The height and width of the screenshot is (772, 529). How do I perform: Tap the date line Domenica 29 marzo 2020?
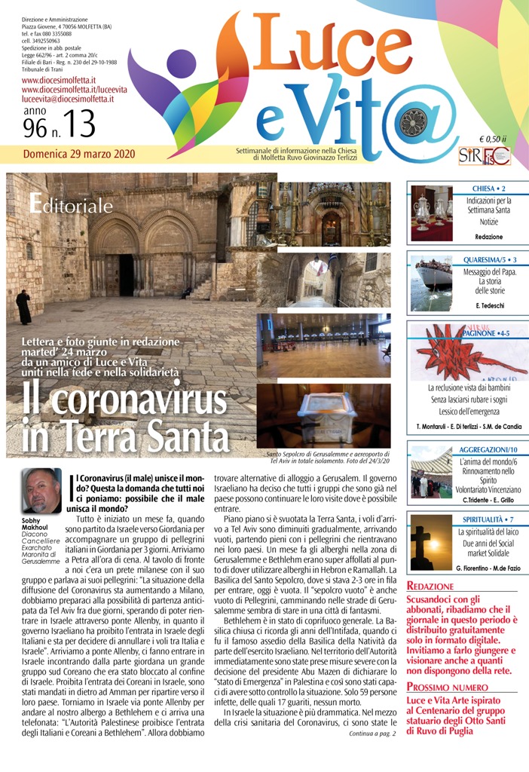pos(79,154)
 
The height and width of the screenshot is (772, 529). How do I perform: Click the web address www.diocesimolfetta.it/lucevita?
pos(75,89)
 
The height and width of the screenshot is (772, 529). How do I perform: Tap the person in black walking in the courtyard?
pos(23,306)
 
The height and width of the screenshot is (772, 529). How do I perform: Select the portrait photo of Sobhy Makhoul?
pos(41,492)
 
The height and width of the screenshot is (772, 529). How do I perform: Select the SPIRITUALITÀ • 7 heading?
pos(488,519)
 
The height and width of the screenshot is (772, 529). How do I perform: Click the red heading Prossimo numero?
pos(439,687)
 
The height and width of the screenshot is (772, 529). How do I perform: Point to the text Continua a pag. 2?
pos(372,734)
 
